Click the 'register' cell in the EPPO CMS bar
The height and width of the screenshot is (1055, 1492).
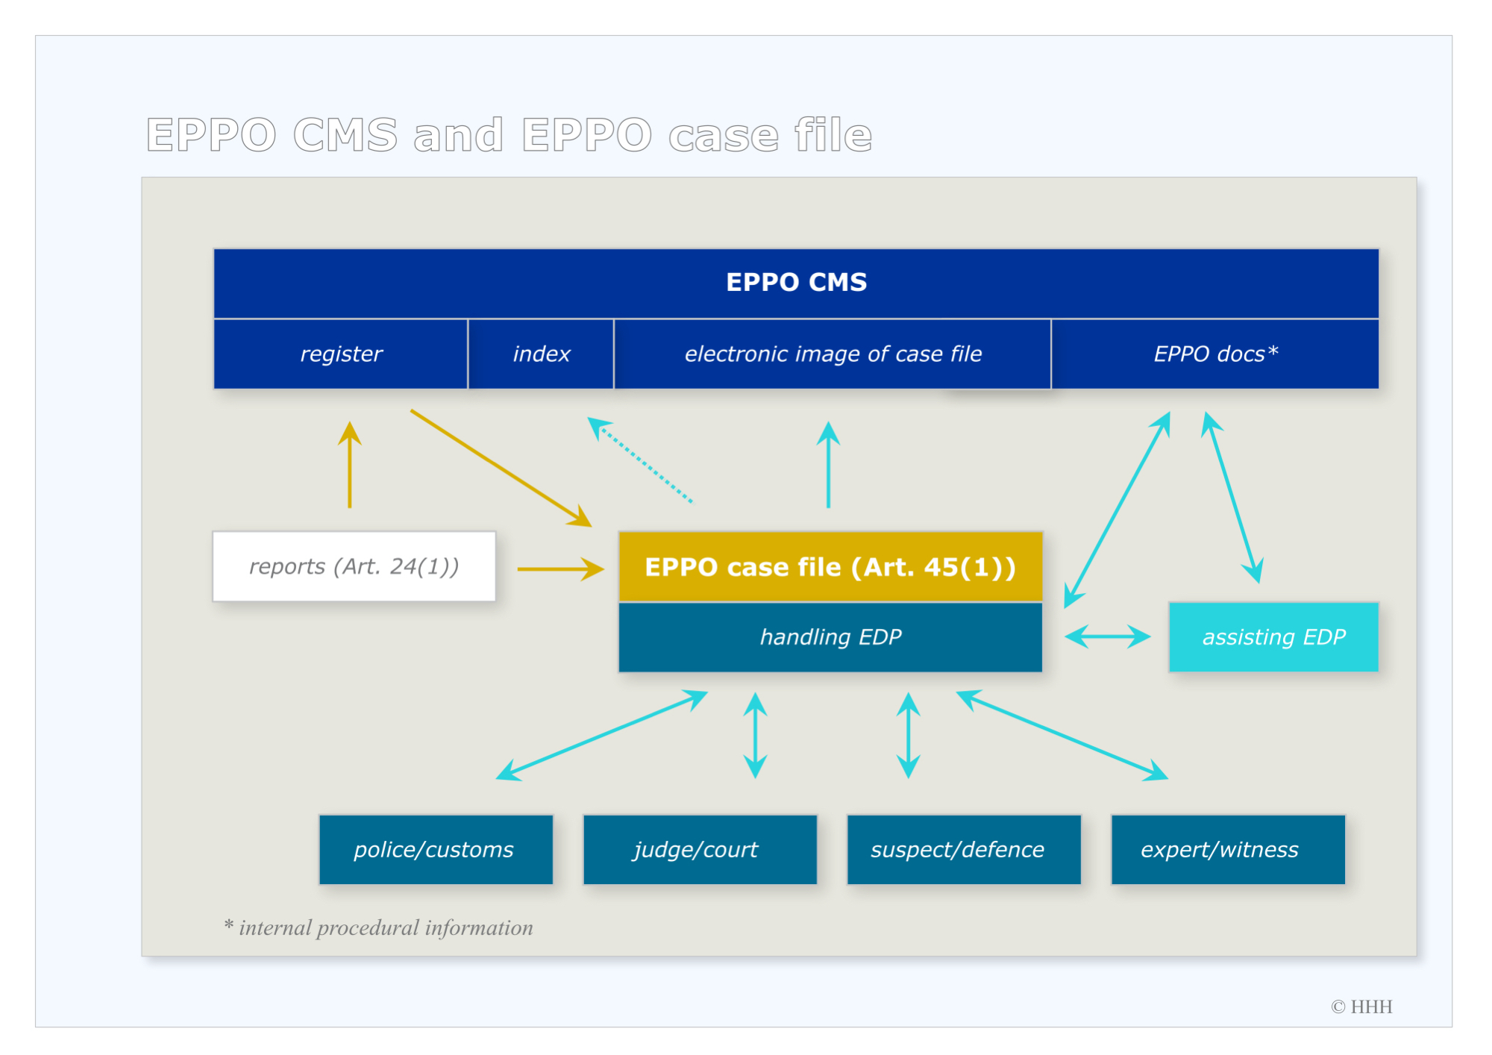341,354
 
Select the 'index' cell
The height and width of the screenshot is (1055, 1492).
541,354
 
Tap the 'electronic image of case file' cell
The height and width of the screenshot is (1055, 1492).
833,354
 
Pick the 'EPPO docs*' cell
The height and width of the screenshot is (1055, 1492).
1215,354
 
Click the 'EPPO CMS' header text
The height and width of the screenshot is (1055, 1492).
796,282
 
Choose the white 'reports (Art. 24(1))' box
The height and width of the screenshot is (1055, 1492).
354,566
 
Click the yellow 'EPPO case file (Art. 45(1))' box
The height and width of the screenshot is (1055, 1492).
830,567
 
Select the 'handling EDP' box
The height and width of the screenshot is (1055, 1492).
830,637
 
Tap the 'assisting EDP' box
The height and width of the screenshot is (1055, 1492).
1273,637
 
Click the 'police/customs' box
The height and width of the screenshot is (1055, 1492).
436,850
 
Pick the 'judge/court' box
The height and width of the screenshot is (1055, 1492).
700,850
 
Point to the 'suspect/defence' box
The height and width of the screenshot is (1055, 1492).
964,850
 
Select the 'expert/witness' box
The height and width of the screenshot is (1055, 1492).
1228,850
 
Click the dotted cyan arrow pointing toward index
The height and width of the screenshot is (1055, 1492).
640,460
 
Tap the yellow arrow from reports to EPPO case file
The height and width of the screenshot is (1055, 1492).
561,569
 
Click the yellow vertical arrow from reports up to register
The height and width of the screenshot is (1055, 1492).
349,465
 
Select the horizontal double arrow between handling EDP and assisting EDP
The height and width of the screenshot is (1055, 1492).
1108,637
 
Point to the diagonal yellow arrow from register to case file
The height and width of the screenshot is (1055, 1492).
501,469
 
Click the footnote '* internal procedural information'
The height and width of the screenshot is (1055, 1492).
378,927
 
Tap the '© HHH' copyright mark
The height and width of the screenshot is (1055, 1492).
1361,1007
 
